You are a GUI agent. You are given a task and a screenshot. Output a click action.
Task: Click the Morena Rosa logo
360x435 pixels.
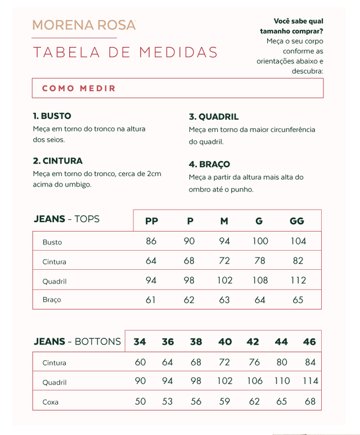coord(84,25)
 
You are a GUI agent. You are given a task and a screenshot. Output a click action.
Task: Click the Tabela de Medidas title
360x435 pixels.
coord(125,52)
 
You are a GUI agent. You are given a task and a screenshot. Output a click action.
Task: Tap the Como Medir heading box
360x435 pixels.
coord(178,88)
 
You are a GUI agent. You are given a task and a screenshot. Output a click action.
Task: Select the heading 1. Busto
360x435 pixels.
coord(52,116)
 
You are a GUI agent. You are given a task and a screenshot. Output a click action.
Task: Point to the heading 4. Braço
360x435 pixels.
coord(209,164)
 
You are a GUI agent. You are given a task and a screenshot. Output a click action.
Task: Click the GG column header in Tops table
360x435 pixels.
coord(297,221)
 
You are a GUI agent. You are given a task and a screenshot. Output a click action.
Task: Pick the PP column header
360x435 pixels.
coord(151,221)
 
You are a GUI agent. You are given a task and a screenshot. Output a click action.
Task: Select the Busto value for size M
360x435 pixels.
coord(224,241)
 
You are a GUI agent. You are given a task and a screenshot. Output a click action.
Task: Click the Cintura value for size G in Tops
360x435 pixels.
coord(260,261)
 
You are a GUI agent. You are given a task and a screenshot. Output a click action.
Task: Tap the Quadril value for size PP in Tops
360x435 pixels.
coord(151,280)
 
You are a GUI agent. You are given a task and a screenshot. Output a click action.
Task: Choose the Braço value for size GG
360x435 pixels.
coord(298,300)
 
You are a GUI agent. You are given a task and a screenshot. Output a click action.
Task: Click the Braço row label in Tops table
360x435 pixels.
coord(52,300)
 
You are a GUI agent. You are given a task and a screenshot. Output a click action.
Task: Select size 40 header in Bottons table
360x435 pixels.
coord(225,342)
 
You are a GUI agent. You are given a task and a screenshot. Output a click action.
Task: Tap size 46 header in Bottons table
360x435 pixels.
coord(309,342)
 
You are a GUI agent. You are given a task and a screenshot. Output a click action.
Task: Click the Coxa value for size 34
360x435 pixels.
coord(140,402)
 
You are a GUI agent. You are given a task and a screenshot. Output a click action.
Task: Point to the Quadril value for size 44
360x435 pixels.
coord(282,381)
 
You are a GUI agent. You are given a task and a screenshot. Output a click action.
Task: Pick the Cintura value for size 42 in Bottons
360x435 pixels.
coord(254,362)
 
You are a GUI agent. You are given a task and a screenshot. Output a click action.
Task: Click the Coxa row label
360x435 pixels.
coord(51,402)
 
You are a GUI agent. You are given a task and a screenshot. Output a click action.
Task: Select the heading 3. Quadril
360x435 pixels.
coord(214,117)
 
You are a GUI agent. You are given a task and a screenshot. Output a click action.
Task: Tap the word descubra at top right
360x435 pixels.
coord(307,71)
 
